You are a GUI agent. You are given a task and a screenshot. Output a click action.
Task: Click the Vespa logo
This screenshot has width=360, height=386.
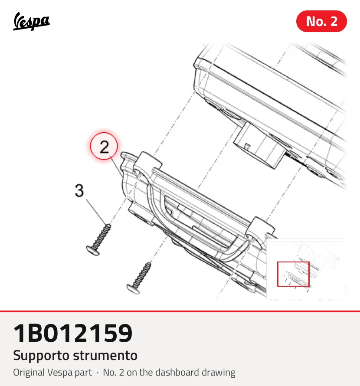pyautogui.click(x=31, y=21)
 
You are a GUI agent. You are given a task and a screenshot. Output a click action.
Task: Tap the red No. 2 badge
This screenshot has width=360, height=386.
pyautogui.click(x=321, y=21)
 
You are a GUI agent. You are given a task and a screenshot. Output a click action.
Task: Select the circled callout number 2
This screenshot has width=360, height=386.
pyautogui.click(x=104, y=146)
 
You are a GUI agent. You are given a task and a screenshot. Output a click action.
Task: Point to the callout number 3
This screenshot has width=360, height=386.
pyautogui.click(x=79, y=190)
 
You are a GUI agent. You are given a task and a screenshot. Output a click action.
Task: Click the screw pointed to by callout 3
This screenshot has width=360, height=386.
pyautogui.click(x=98, y=239)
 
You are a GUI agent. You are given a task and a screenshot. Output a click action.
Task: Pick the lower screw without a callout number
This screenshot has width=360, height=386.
pyautogui.click(x=139, y=278)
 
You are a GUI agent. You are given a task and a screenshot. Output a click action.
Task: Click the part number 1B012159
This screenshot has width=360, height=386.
pyautogui.click(x=73, y=333)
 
